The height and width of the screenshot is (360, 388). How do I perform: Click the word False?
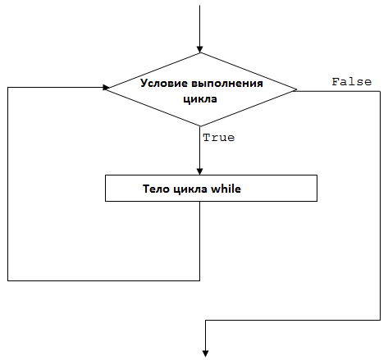coord(352,82)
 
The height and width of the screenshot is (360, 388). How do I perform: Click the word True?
coord(219,138)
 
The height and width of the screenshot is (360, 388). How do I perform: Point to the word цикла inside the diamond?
coord(200,99)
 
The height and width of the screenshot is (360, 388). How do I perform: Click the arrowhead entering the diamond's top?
coord(200,49)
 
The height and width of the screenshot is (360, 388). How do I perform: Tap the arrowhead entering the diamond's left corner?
coord(106,88)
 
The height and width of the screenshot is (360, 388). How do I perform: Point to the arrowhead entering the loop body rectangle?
coord(200,171)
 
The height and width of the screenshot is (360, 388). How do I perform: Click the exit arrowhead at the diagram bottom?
coord(205,353)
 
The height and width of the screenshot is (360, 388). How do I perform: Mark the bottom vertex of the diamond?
coord(200,126)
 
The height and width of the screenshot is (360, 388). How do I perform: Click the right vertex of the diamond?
coord(296,89)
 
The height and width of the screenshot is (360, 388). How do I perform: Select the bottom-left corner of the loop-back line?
coord(8,280)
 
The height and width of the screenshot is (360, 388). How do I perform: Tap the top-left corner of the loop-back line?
coord(8,88)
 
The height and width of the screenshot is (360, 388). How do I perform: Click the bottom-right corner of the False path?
coord(380,320)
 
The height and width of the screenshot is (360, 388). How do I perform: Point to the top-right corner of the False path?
coord(380,91)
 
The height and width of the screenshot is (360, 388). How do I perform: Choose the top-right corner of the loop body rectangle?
coord(317,175)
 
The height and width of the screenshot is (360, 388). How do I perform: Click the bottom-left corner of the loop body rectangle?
coord(106,201)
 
